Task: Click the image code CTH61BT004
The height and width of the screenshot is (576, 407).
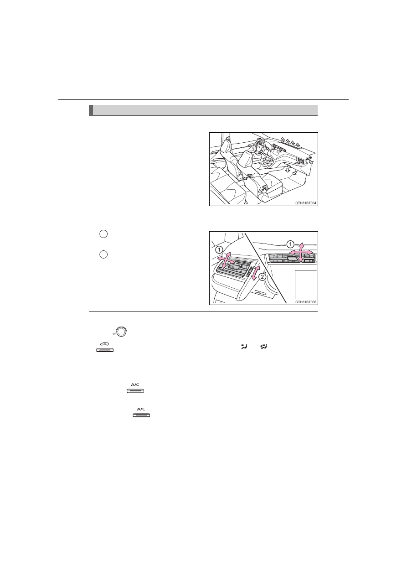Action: coord(306,203)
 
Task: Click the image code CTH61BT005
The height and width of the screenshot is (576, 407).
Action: coord(306,302)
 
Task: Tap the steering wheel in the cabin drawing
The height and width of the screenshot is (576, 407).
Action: coord(259,146)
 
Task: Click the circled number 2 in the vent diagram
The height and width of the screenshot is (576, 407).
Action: coord(262,277)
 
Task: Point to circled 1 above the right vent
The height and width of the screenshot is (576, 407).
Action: coord(290,244)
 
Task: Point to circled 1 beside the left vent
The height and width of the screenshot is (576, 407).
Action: coord(219,249)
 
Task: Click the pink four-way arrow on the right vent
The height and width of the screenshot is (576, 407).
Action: coord(301,252)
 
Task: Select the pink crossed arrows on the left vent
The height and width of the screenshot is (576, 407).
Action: coord(226,261)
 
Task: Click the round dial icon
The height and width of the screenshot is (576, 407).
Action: coord(121,331)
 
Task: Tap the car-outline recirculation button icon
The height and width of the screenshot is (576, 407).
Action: coord(105,347)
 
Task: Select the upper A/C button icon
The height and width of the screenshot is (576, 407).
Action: coord(135,388)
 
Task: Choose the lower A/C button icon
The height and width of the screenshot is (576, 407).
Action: coord(141,412)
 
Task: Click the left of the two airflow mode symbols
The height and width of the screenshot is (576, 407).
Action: coord(244,347)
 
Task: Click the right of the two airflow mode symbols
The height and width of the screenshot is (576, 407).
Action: coord(264,347)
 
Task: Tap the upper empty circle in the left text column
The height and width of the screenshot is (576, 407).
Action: coord(103,234)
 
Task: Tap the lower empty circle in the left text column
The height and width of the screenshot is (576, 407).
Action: coord(103,254)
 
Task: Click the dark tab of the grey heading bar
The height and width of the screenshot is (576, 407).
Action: coord(91,110)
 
